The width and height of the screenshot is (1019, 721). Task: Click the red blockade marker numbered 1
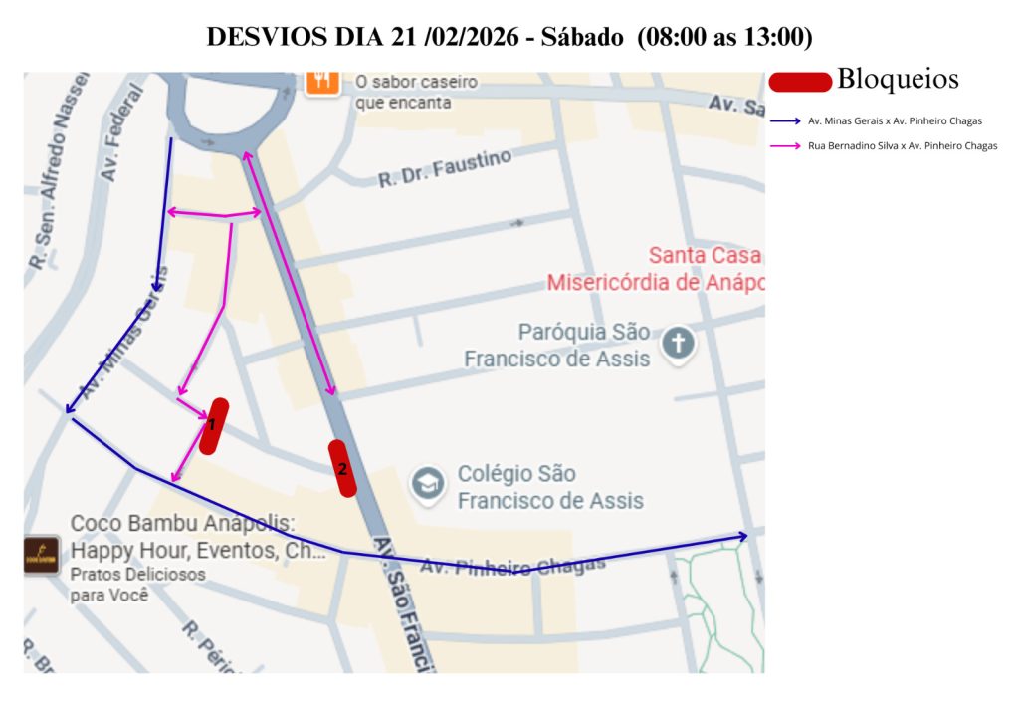pyautogui.click(x=213, y=426)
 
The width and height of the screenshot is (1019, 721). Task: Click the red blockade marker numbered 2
pyautogui.click(x=342, y=468)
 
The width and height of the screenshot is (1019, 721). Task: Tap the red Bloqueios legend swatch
pyautogui.click(x=800, y=82)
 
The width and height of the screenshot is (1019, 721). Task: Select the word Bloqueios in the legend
pyautogui.click(x=898, y=79)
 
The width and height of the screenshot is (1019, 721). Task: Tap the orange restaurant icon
pyautogui.click(x=321, y=81)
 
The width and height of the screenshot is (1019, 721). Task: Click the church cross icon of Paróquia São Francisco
pyautogui.click(x=680, y=344)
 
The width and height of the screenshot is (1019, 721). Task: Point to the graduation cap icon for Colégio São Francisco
pyautogui.click(x=429, y=485)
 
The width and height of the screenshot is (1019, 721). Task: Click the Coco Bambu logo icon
pyautogui.click(x=42, y=555)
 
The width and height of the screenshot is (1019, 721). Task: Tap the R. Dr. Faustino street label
pyautogui.click(x=445, y=169)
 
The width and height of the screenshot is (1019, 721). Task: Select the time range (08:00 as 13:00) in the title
pyautogui.click(x=727, y=38)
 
